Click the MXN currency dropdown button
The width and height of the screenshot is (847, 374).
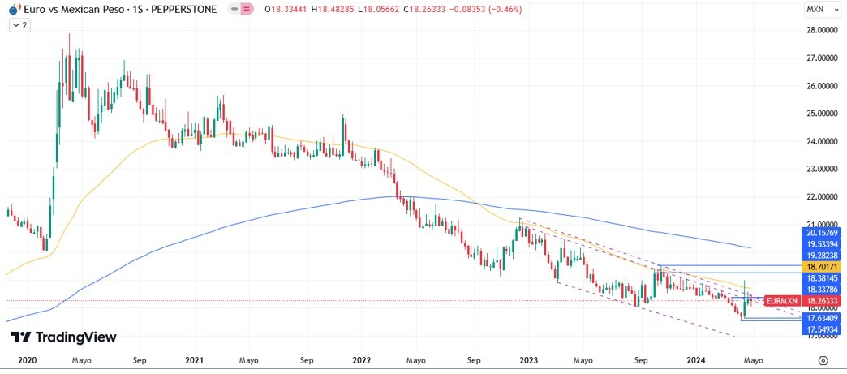click(x=819, y=10)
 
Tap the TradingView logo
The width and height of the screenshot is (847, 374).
click(x=63, y=337)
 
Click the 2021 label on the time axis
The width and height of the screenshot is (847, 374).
click(x=194, y=359)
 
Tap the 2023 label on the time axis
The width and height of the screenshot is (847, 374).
click(x=529, y=359)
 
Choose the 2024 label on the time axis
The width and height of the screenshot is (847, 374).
click(x=696, y=359)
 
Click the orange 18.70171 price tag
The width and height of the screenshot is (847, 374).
click(x=822, y=266)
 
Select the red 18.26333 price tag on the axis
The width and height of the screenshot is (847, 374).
click(x=822, y=300)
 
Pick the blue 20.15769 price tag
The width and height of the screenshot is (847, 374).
click(x=822, y=232)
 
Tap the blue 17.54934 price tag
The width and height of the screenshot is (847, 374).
click(x=822, y=330)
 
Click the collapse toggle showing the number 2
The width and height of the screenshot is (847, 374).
click(x=19, y=25)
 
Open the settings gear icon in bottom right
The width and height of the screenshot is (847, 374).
click(x=823, y=359)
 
